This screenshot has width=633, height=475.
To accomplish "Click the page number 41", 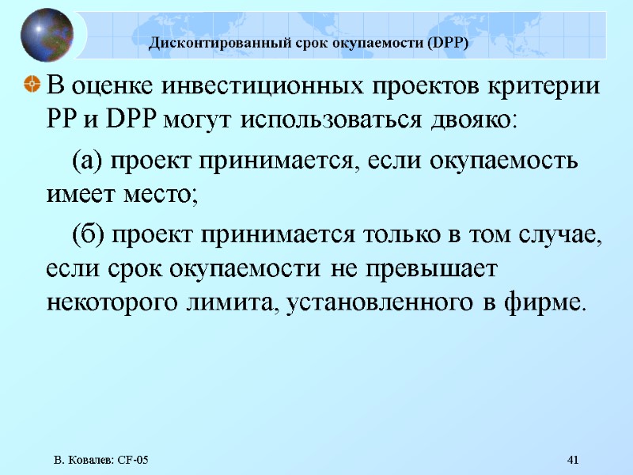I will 574,460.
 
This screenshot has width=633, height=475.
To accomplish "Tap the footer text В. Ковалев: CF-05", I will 101,460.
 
